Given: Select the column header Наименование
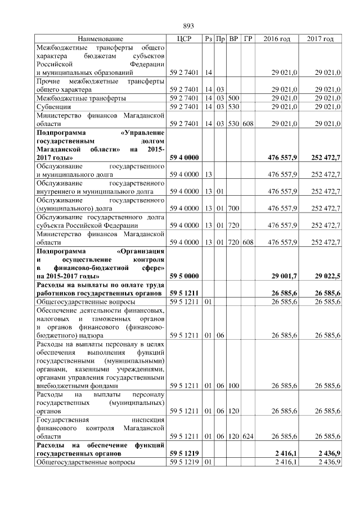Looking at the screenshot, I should [101, 39].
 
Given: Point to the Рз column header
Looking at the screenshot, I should [208, 39].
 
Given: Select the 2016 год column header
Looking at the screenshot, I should [277, 39].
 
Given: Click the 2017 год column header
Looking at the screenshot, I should [320, 39].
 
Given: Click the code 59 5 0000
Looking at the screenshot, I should [183, 276].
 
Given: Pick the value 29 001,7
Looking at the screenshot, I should [284, 276].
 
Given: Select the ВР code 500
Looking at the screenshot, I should [234, 97].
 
